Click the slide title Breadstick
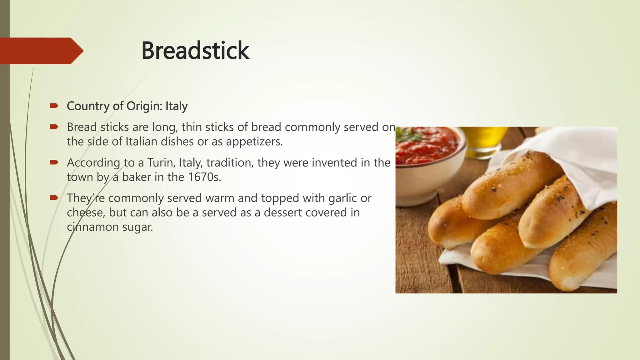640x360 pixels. tap(195, 51)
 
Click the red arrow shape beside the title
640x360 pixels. tap(41, 51)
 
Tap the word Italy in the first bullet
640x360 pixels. tap(177, 106)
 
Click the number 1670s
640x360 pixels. tap(204, 177)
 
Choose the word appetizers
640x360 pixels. tap(254, 142)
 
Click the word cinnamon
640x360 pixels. tap(93, 227)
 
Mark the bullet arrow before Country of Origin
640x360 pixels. tap(54, 106)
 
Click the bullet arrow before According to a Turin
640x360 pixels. tap(54, 162)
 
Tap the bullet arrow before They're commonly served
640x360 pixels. tap(54, 197)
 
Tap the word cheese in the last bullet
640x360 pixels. tap(86, 212)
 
